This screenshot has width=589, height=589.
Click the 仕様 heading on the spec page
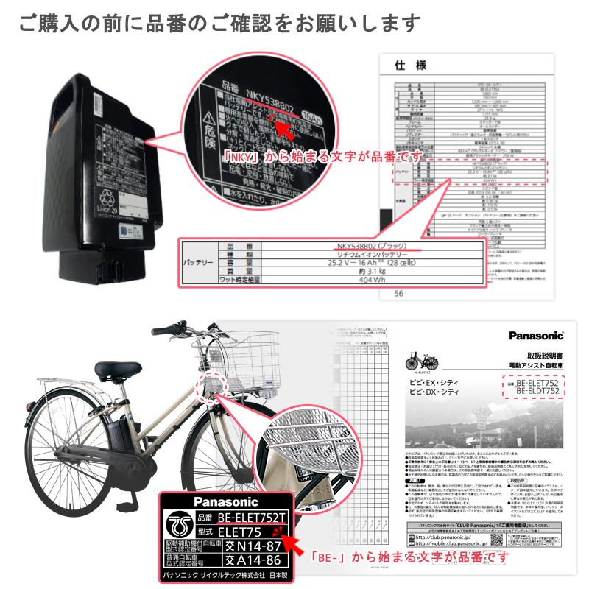(x=410, y=66)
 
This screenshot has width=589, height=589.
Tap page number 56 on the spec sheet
(x=399, y=292)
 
